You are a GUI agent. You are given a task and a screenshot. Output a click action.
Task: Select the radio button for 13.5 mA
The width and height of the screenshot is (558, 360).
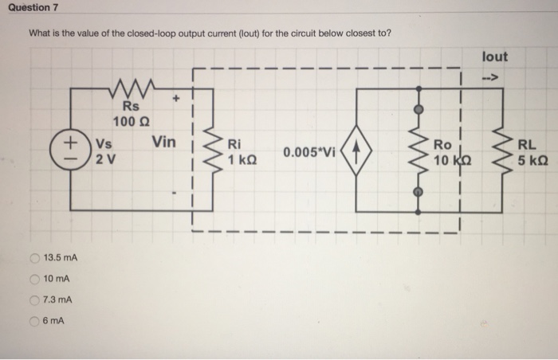(x=34, y=257)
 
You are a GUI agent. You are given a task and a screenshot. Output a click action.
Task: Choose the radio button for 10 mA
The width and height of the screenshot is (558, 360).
(x=34, y=278)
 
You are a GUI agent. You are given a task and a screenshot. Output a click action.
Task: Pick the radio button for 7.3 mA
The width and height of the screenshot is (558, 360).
(x=34, y=299)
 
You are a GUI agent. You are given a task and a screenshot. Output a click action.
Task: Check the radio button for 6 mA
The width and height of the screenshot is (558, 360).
(x=34, y=321)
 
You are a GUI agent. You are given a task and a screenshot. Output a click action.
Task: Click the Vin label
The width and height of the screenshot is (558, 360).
(x=163, y=143)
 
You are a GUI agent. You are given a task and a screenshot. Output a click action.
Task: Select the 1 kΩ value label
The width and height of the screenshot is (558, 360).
(x=242, y=158)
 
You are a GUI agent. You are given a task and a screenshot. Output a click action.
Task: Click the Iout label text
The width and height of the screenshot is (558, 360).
(x=494, y=57)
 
